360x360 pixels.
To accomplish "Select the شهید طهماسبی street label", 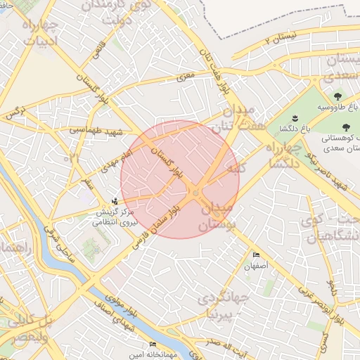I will click(97, 130).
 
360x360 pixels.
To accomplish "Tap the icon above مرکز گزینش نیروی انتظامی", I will click(115, 201).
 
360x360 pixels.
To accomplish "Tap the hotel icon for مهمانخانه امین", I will click(153, 345).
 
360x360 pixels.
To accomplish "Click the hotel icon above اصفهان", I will click(256, 255).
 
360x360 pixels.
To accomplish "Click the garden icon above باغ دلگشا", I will click(295, 117).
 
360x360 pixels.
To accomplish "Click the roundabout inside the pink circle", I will click(195, 193).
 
